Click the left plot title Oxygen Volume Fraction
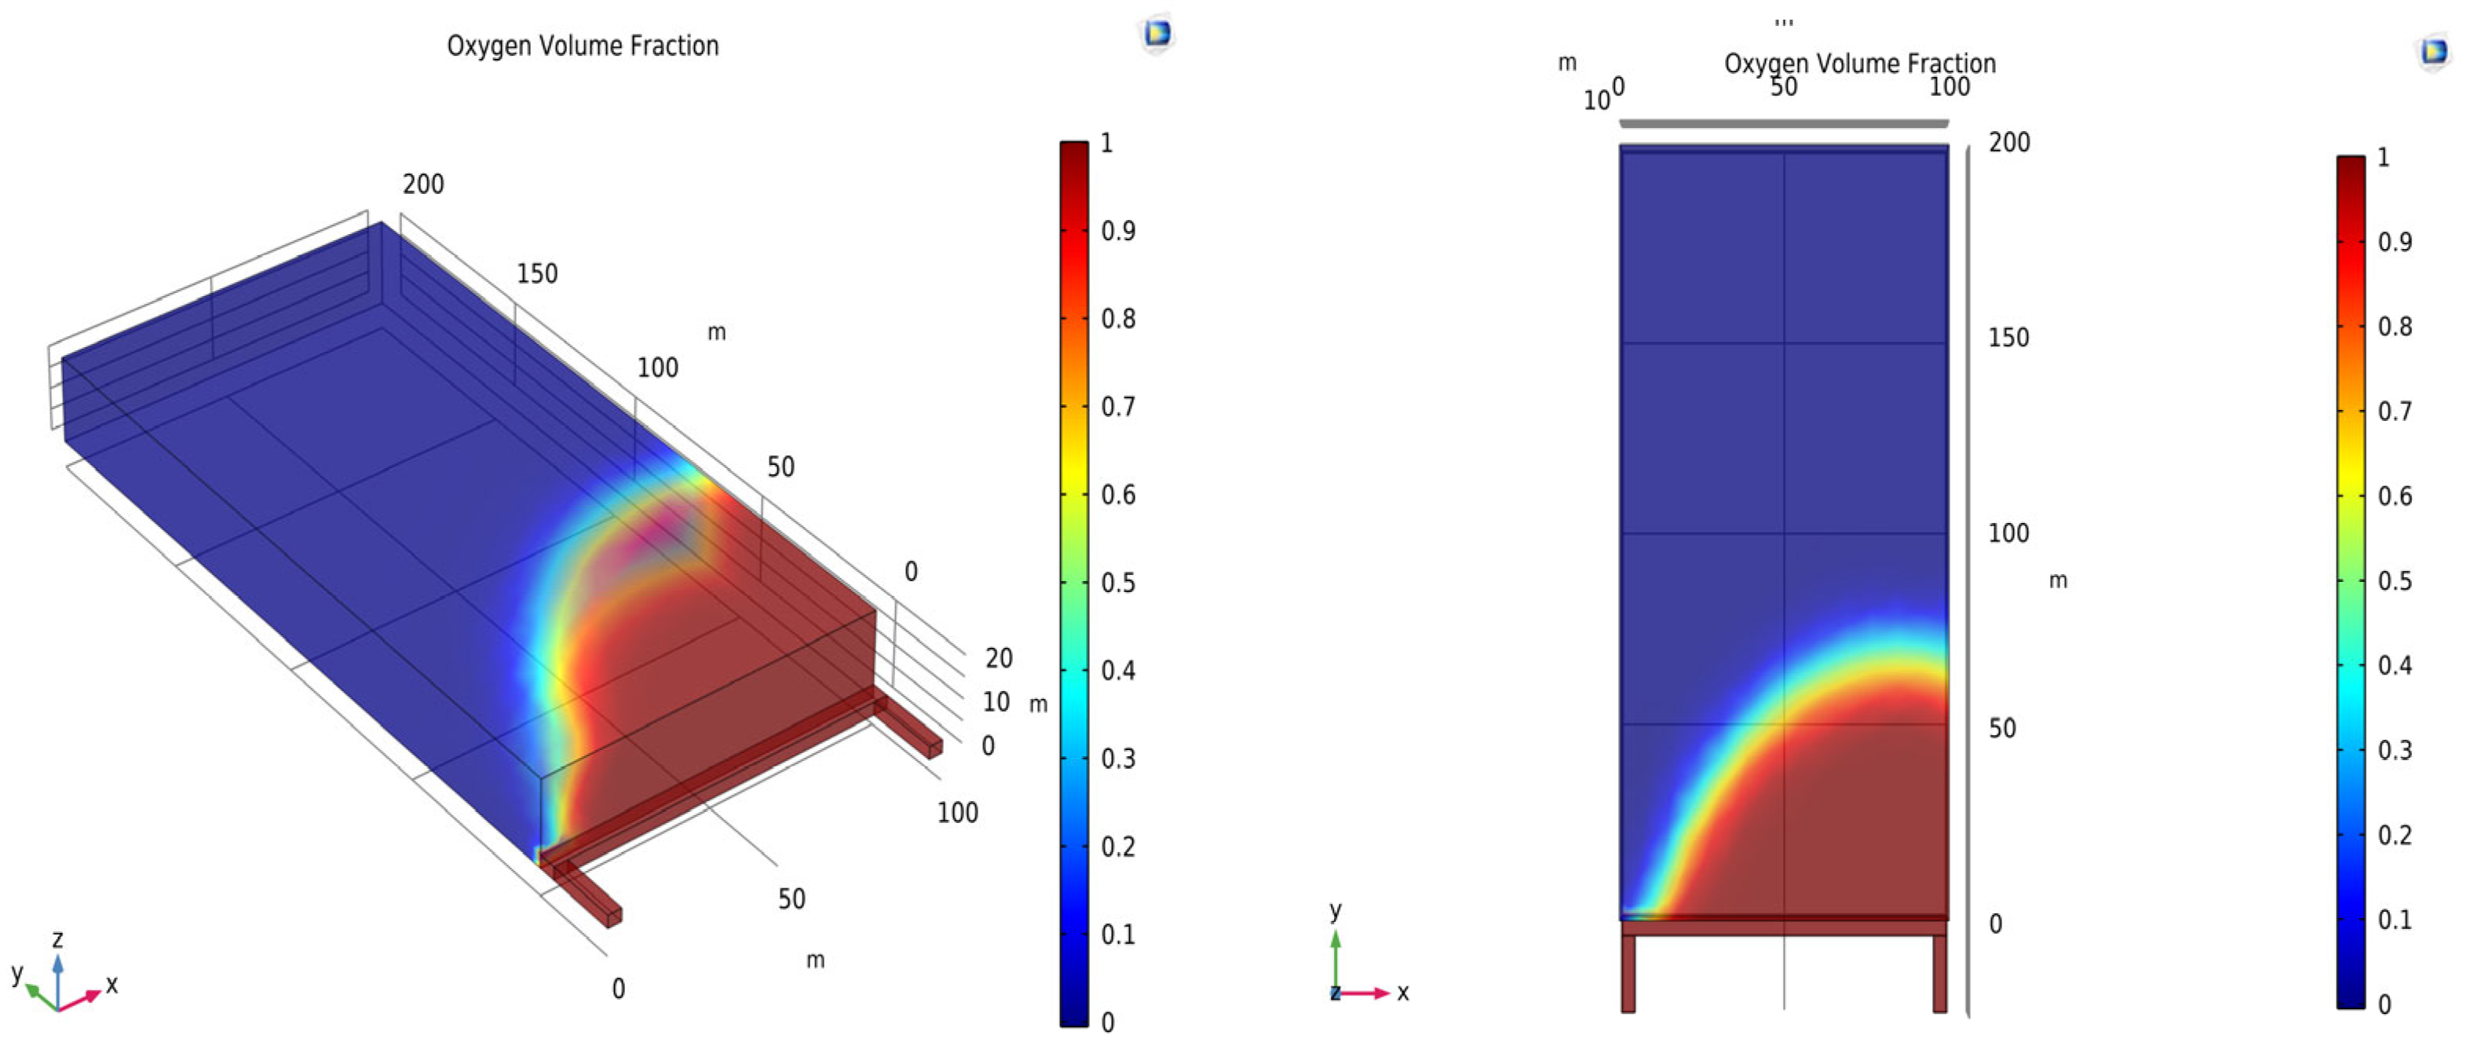(x=583, y=46)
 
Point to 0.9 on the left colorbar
(x=1117, y=231)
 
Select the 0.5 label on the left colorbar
(x=1117, y=584)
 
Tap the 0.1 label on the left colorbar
(x=1117, y=935)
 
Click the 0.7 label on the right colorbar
(x=2394, y=412)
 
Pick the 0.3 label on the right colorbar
(x=2394, y=750)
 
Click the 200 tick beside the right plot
(x=2008, y=143)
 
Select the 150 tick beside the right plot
(x=2008, y=338)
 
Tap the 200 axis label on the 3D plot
(x=422, y=184)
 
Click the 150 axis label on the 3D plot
(x=536, y=274)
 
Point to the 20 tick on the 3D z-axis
(x=998, y=658)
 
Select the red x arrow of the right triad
(x=1368, y=993)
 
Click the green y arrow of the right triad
(x=1335, y=957)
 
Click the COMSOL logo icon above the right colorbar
(x=2433, y=51)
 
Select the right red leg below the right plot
(x=1939, y=972)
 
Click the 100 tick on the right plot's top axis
(x=1949, y=87)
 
